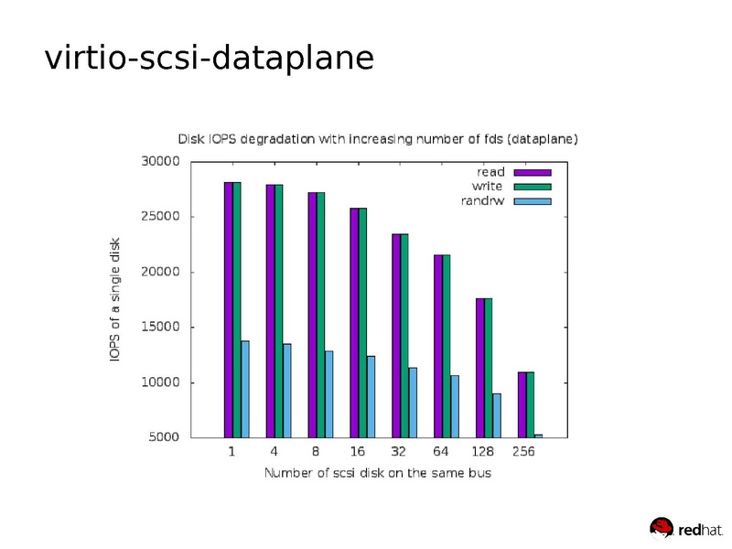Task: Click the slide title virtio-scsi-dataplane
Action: tap(210, 58)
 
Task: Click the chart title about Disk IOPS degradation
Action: tap(377, 139)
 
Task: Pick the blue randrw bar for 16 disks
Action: tap(371, 396)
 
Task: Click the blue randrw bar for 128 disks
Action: tap(496, 415)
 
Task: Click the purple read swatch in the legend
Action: tap(532, 172)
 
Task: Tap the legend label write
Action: tap(487, 187)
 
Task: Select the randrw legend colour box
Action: tap(532, 201)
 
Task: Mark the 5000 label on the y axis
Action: tap(166, 437)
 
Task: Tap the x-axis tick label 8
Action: tap(315, 452)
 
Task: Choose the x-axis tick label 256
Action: tap(523, 452)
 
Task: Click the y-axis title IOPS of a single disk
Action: tap(115, 299)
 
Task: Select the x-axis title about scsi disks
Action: tap(377, 473)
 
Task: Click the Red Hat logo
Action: tap(685, 528)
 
